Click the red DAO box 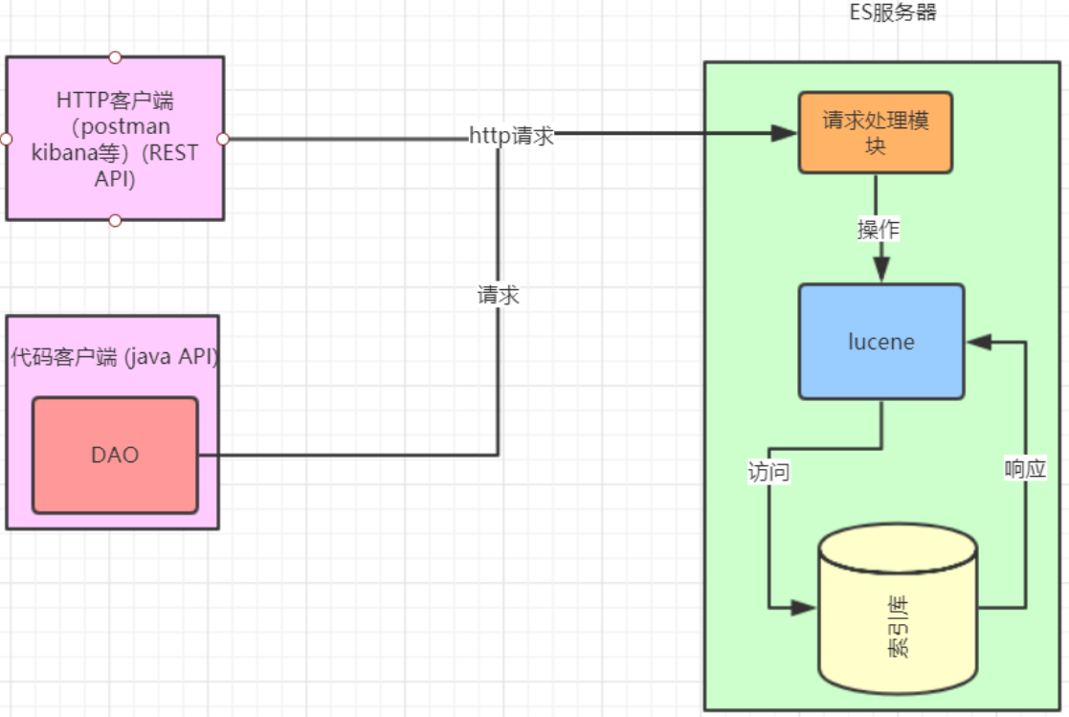115,455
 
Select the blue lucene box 881,342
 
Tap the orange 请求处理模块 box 876,132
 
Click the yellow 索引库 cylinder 898,613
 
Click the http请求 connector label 512,136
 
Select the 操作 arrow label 878,230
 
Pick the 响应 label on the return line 1025,469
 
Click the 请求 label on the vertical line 498,296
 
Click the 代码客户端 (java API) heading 114,358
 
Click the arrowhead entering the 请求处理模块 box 786,134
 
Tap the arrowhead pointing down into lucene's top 880,270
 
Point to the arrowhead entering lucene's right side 979,341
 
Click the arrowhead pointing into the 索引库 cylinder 804,608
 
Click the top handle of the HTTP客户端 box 115,56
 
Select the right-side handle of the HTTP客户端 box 223,139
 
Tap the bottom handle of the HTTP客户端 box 115,221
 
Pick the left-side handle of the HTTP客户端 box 6,139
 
